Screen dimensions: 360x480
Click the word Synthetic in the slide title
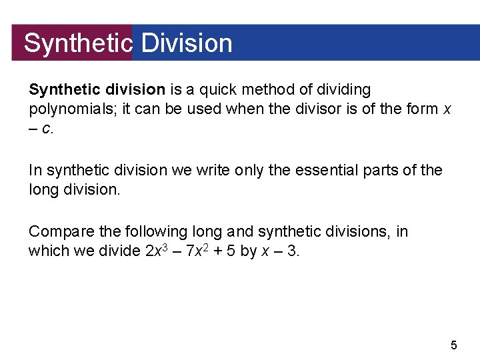pos(78,43)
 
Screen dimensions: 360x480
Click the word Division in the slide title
pos(187,43)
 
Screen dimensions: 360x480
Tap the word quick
pos(225,89)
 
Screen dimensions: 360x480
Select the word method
pos(274,89)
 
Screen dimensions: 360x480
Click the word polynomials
pos(69,109)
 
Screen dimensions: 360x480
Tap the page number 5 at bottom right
pos(454,345)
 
